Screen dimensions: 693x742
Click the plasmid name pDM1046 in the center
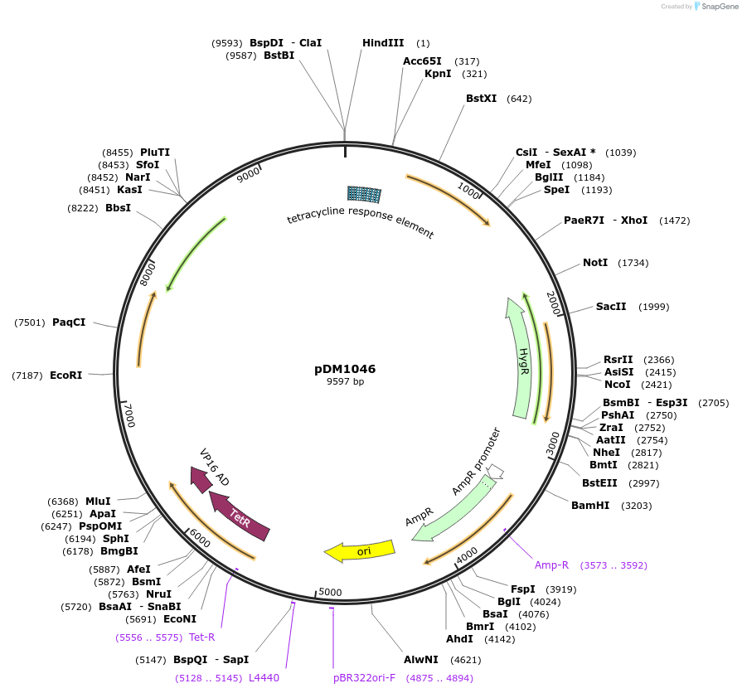point(345,369)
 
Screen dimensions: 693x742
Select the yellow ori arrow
point(360,550)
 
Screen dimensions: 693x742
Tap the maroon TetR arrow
point(240,515)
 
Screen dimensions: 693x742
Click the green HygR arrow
point(521,357)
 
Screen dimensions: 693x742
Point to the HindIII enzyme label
point(383,43)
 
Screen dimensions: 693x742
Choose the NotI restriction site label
point(595,263)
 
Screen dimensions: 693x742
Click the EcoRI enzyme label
point(66,376)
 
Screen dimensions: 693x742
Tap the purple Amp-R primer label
point(551,565)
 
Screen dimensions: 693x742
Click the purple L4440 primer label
point(264,677)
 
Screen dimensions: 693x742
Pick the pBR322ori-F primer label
point(364,677)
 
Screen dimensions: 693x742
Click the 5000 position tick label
point(330,592)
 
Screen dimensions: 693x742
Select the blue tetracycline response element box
point(364,194)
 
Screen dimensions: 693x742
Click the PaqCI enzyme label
point(69,322)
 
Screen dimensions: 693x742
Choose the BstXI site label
point(481,99)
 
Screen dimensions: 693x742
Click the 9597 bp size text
point(345,381)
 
